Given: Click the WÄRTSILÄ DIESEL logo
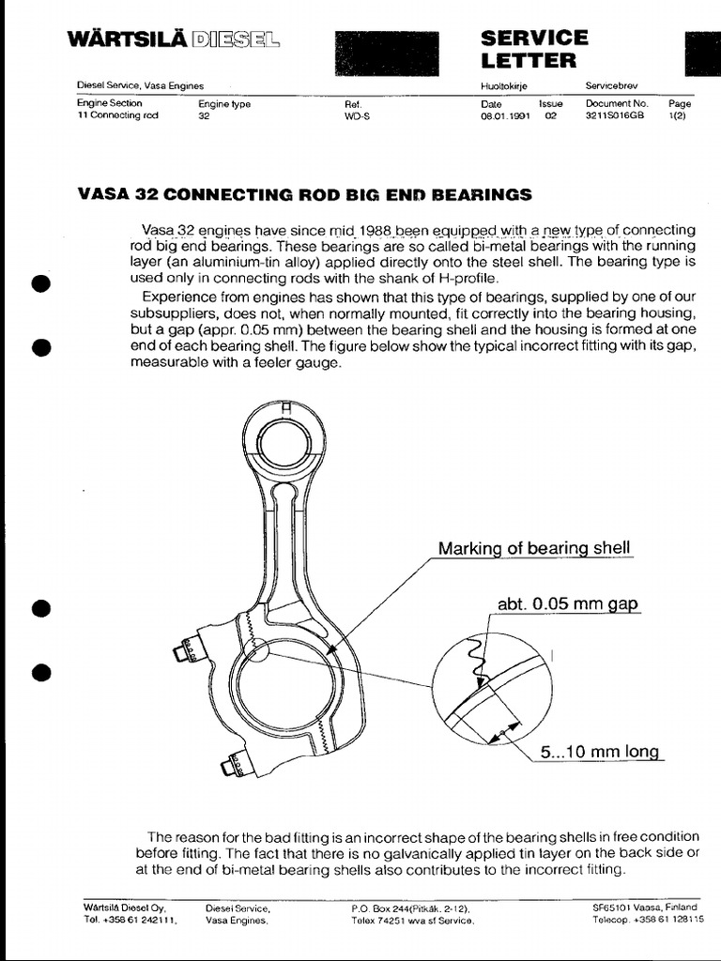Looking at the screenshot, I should (172, 40).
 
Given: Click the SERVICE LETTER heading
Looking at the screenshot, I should (533, 49).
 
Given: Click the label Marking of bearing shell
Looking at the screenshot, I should (534, 548).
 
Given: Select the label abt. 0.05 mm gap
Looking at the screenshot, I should (568, 604).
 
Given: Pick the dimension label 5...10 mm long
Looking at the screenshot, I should (601, 752).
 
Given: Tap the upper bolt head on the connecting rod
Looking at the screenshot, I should (182, 652).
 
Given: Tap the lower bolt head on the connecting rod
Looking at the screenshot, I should (229, 767).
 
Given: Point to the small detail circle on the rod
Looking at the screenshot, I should (254, 650).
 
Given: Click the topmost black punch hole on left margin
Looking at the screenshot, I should (39, 284).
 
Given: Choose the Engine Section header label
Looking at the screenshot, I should (110, 104).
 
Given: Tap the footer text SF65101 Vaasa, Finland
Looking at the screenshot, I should (644, 908).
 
